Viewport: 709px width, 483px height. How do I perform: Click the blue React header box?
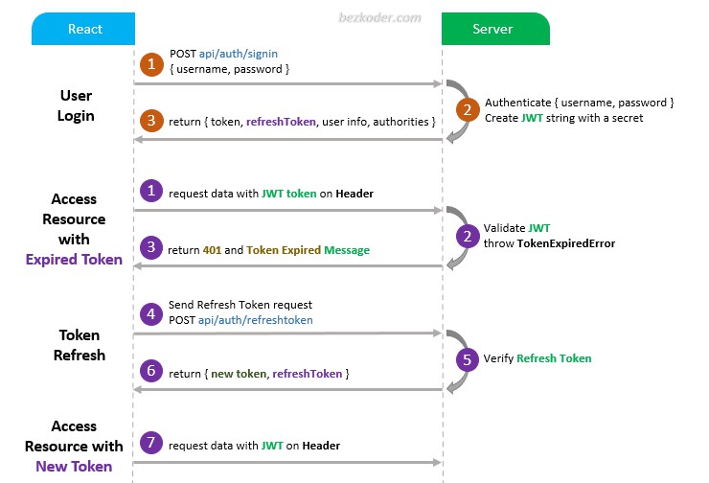pyautogui.click(x=85, y=30)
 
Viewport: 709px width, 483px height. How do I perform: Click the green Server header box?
pyautogui.click(x=495, y=30)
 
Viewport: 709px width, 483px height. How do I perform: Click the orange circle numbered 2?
pyautogui.click(x=467, y=109)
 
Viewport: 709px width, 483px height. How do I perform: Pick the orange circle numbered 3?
pyautogui.click(x=150, y=122)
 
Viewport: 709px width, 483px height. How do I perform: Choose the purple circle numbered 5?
pyautogui.click(x=467, y=358)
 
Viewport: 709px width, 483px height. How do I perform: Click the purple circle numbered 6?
pyautogui.click(x=150, y=372)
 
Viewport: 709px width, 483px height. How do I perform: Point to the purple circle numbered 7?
pyautogui.click(x=150, y=445)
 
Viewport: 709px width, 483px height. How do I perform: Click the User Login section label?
pyautogui.click(x=77, y=105)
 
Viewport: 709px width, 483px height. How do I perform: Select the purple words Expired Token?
pyautogui.click(x=74, y=259)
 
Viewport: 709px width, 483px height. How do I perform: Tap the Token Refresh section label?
pyautogui.click(x=79, y=345)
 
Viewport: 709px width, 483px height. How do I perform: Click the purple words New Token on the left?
pyautogui.click(x=74, y=466)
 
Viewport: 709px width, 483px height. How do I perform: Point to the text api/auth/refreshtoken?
pyautogui.click(x=256, y=320)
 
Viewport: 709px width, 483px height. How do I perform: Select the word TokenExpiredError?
pyautogui.click(x=565, y=243)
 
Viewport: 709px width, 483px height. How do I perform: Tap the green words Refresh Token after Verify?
pyautogui.click(x=554, y=358)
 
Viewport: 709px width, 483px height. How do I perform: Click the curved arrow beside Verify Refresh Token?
pyautogui.click(x=456, y=359)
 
